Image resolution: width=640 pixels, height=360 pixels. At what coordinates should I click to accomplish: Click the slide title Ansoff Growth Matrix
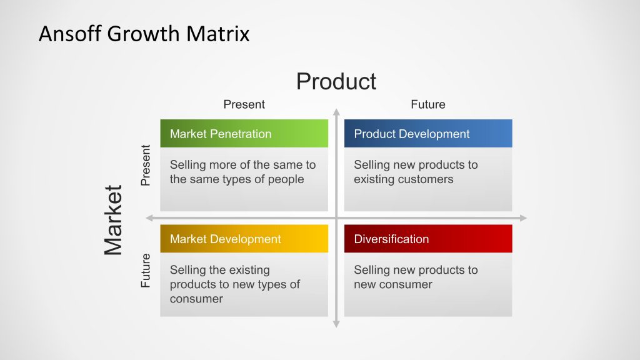[x=144, y=33]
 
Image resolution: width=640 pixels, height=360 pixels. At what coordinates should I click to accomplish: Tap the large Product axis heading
[x=336, y=82]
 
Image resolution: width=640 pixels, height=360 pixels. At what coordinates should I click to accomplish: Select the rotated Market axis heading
[x=114, y=220]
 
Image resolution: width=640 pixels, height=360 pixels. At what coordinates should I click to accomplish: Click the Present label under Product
[x=244, y=104]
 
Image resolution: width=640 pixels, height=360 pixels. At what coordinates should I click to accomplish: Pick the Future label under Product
[x=427, y=104]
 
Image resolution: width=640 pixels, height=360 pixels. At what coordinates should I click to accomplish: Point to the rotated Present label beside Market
[x=146, y=166]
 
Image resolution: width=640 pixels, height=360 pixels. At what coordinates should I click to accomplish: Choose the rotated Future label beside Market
[x=146, y=270]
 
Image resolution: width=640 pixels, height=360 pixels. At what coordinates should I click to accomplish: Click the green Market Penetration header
[x=244, y=134]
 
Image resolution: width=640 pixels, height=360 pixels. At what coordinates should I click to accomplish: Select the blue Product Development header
[x=427, y=134]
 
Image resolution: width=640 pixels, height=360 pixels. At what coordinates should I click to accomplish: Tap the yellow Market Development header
[x=244, y=239]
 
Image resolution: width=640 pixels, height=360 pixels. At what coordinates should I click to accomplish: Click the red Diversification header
[x=427, y=239]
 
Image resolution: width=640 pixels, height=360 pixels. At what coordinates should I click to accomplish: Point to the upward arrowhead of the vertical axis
[x=336, y=112]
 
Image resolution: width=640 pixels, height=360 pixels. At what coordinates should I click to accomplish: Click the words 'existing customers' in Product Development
[x=403, y=179]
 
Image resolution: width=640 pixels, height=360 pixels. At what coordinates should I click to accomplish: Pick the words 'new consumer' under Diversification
[x=392, y=284]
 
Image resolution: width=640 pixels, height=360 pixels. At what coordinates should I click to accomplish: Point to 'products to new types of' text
[x=234, y=284]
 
